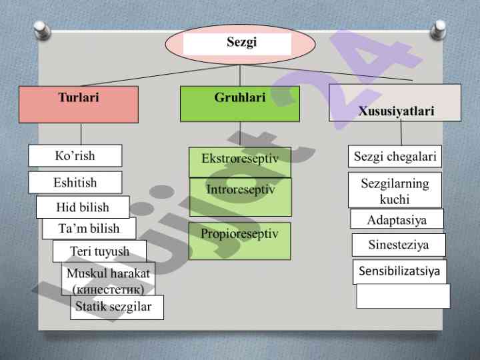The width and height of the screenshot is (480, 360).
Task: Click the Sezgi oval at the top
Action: point(237,43)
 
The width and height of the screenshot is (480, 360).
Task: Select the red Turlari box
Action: point(79,104)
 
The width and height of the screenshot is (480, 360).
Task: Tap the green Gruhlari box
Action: point(239,104)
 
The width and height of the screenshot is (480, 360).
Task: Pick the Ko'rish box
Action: point(75,155)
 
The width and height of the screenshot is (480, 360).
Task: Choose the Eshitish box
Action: point(75,182)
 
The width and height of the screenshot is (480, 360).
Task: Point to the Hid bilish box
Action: point(82,207)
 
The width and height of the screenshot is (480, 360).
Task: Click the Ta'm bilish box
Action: point(89,228)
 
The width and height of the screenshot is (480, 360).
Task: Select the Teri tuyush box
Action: point(100,251)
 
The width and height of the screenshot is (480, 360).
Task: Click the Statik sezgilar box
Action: point(117,307)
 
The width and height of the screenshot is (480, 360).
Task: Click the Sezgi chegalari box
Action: point(395,157)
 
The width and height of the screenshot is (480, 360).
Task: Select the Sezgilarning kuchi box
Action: point(395,190)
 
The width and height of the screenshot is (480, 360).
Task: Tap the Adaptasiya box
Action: point(397,219)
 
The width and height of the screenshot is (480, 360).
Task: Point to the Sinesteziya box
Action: point(398,245)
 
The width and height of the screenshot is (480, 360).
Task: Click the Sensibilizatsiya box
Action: point(399,271)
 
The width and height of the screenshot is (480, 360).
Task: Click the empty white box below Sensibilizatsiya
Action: point(403,296)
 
